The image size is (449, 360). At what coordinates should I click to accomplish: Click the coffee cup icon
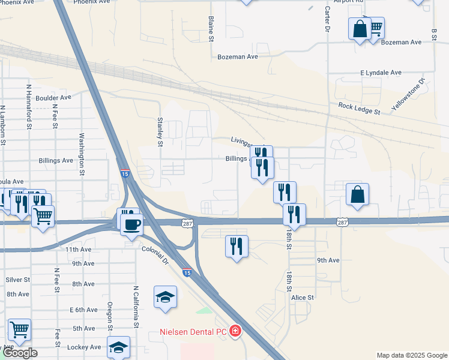click(132, 225)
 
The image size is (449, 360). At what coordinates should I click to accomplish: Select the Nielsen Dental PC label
click(193, 331)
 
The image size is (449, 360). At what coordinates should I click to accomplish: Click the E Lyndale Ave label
click(381, 73)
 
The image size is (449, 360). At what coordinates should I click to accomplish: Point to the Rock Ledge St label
click(359, 108)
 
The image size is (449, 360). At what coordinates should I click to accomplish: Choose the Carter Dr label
click(328, 20)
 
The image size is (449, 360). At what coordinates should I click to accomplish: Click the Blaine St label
click(211, 29)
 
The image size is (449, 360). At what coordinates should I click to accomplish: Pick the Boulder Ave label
click(53, 97)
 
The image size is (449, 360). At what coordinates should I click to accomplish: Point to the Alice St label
click(303, 298)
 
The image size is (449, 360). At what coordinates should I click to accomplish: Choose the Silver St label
click(17, 280)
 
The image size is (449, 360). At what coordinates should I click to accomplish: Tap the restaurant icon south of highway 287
click(237, 245)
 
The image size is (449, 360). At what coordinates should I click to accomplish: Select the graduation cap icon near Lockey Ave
click(118, 346)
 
